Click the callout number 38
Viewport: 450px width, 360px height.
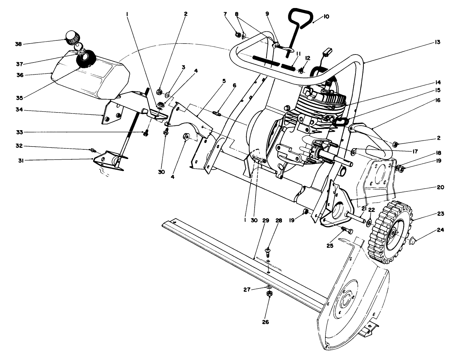pos(18,44)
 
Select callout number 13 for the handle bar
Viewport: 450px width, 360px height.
pos(437,42)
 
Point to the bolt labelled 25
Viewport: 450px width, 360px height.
pos(347,230)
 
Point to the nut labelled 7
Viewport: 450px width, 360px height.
pos(238,34)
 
